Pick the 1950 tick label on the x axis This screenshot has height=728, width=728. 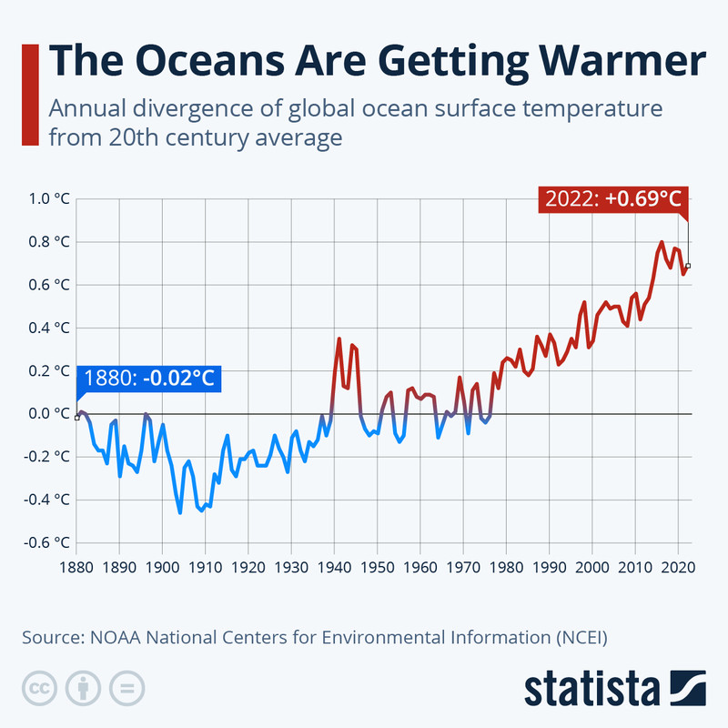[378, 566]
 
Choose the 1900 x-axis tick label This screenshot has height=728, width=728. [162, 566]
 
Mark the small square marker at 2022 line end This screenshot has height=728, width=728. [688, 266]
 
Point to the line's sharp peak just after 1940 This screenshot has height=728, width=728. [339, 339]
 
